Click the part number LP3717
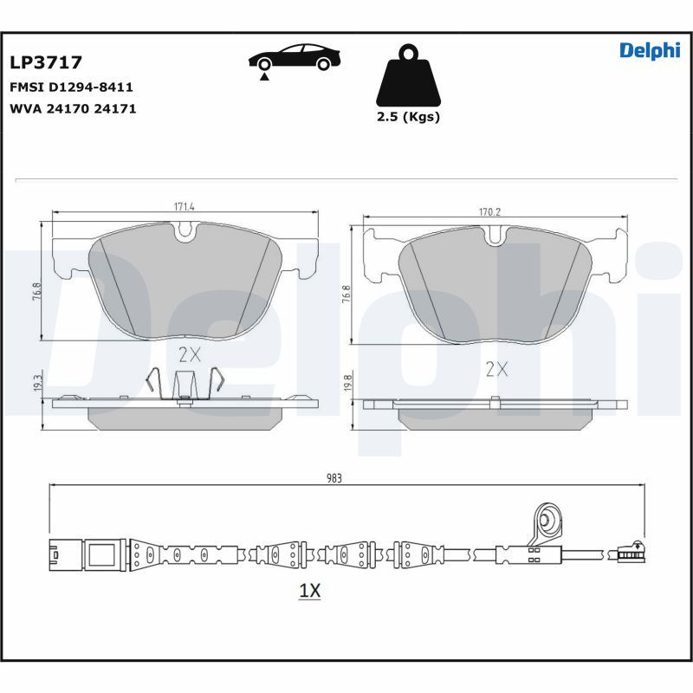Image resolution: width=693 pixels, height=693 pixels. [x=46, y=62]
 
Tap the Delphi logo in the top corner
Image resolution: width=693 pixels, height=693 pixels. [x=650, y=51]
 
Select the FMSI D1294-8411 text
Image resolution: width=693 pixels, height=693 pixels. [x=71, y=87]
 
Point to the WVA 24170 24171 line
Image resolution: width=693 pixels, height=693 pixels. [x=73, y=109]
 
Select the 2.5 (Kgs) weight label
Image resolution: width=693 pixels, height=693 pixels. [x=408, y=117]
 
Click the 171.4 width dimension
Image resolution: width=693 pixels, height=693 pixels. [x=184, y=207]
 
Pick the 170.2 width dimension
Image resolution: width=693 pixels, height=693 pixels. [x=491, y=211]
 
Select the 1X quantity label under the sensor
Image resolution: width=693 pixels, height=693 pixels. [x=309, y=592]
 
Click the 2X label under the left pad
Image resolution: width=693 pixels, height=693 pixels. [x=189, y=354]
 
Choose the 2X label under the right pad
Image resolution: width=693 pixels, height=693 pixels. [x=495, y=370]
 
